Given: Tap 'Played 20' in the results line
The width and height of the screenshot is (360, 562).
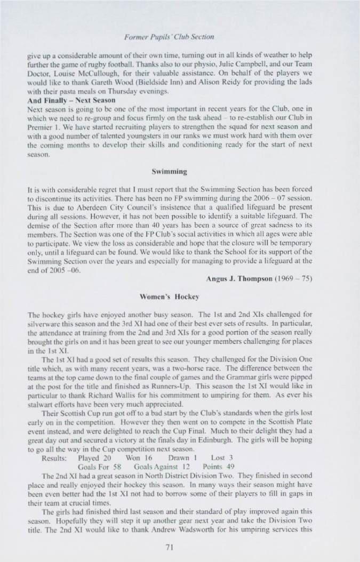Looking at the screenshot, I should click(x=94, y=457).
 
